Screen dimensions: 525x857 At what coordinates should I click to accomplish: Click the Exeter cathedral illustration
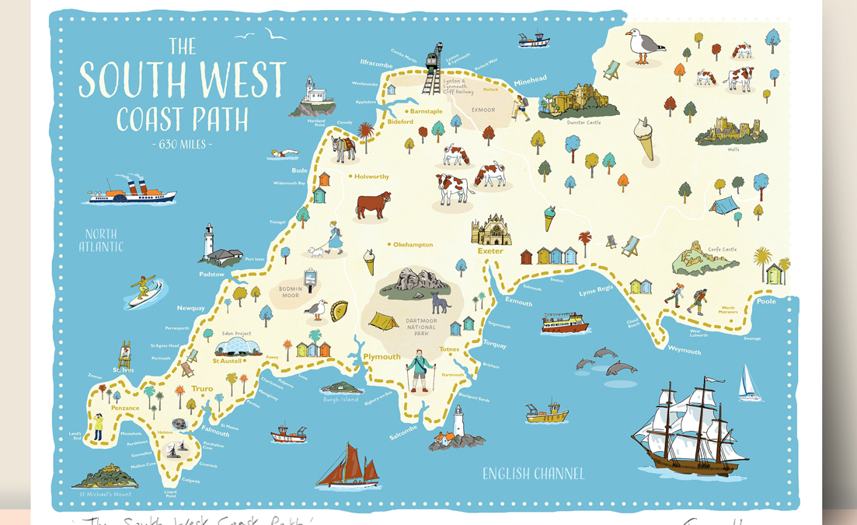(491, 231)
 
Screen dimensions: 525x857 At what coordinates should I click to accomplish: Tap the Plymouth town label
(381, 357)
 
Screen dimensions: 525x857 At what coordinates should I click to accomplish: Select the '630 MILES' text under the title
(182, 144)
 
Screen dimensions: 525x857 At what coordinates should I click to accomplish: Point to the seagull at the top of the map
(644, 46)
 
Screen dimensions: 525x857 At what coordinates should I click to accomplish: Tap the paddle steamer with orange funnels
(132, 192)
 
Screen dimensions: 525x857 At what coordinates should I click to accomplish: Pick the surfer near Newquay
(145, 290)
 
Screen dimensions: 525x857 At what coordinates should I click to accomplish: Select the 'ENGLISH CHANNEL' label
(533, 474)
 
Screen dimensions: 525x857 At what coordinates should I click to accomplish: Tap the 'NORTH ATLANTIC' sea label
(101, 240)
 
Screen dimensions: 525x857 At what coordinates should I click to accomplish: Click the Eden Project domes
(237, 347)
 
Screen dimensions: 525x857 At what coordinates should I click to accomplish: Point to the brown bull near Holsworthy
(373, 206)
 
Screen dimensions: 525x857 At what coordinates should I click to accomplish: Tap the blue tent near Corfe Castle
(723, 205)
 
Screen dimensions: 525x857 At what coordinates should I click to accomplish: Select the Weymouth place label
(684, 351)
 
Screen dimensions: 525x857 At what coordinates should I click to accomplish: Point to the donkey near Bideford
(343, 149)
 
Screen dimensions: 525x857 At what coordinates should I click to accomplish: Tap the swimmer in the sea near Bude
(284, 155)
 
